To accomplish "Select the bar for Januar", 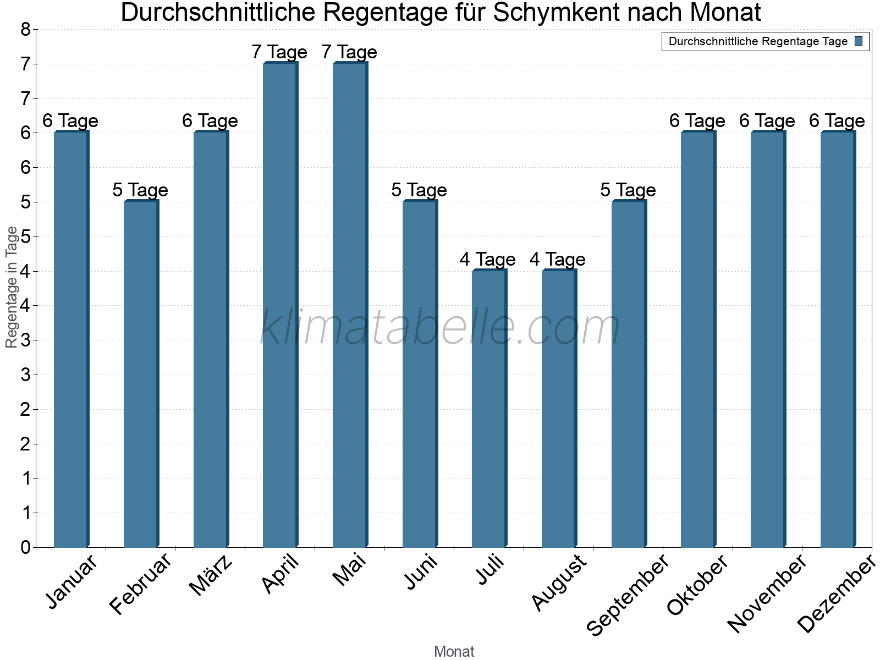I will coord(71,339).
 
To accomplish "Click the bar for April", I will coord(280,305).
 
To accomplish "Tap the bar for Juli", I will coord(489,409).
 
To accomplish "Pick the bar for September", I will coord(629,374).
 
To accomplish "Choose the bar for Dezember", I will coord(838,339).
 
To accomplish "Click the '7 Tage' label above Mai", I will coord(349,52).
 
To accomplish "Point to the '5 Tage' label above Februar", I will coord(140,190).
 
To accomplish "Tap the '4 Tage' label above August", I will coord(557,260).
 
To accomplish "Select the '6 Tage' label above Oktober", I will coord(697,121).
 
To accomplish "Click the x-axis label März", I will coord(211,575).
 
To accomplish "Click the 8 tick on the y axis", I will coord(25,30).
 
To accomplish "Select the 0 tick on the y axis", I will coord(25,548).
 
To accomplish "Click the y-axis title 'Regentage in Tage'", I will coord(12,287).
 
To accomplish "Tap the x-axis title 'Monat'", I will coord(454,651).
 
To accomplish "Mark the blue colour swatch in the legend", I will coord(859,41).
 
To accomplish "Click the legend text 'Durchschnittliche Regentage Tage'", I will coord(757,41).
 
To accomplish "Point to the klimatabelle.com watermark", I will coord(440,327).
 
